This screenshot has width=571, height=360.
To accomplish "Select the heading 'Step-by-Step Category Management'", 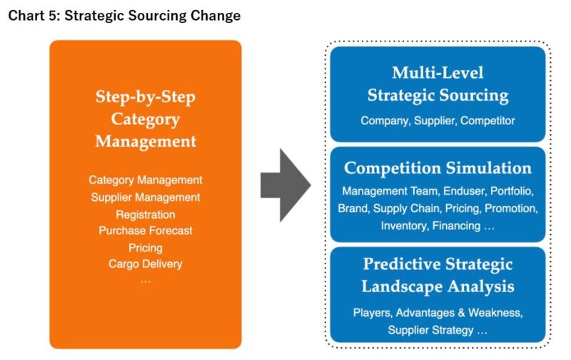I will [146, 119].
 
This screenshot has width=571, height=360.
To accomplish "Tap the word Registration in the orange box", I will [146, 214].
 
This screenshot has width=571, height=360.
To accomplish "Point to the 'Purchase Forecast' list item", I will [146, 231].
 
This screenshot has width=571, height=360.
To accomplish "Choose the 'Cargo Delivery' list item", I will [146, 264].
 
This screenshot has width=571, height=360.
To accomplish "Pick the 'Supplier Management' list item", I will [146, 197].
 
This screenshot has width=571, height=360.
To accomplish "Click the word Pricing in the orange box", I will [146, 247].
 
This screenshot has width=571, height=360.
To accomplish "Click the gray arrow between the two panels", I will [285, 186].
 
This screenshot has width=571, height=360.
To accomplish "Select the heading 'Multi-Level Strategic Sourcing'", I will [438, 84].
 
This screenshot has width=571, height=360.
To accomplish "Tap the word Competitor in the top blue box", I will [487, 121].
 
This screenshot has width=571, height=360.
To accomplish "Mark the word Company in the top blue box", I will [384, 121].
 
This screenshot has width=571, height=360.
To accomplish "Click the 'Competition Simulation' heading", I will [438, 169].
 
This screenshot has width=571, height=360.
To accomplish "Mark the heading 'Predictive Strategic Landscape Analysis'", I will [438, 275].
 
